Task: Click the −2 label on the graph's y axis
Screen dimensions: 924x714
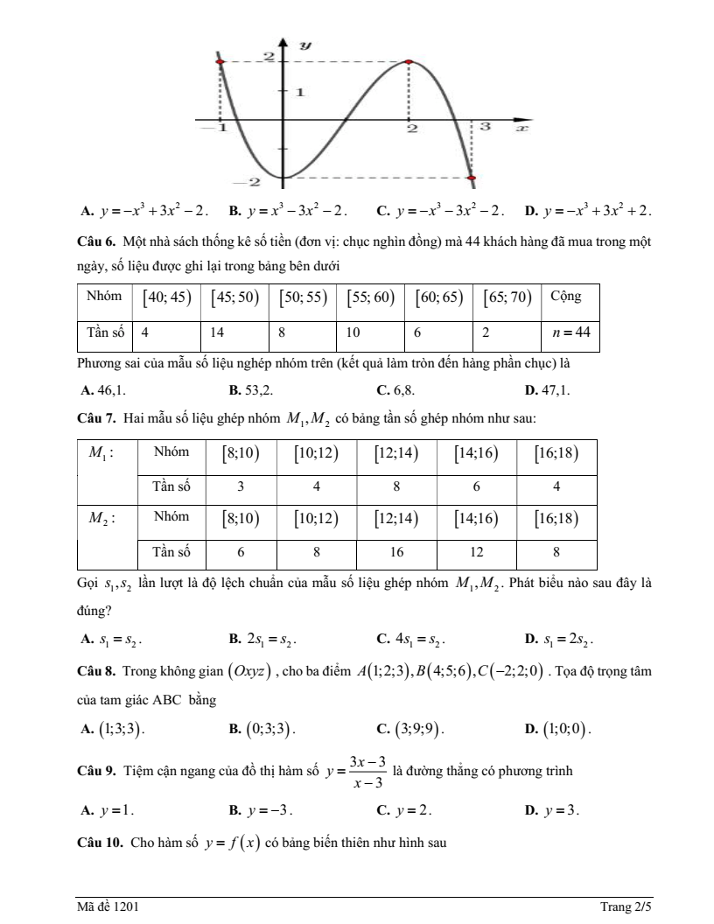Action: point(250,182)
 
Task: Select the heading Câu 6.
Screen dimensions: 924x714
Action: point(95,241)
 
